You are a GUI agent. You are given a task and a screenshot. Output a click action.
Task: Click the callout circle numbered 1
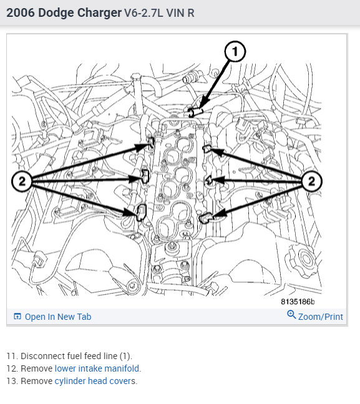pos(235,51)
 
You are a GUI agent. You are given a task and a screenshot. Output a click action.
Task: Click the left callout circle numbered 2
pos(22,181)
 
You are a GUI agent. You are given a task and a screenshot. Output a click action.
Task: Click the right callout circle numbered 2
pos(311,181)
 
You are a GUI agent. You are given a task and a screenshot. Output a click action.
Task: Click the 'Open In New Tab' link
pos(58,317)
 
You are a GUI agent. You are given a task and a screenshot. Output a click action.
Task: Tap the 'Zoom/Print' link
pos(321,317)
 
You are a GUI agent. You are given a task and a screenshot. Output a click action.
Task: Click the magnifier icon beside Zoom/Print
pos(291,315)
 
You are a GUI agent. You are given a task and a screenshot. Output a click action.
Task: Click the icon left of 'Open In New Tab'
pos(17,316)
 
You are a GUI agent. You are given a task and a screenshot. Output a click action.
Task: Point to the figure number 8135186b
pos(298,302)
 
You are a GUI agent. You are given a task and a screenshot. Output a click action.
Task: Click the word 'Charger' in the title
pos(99,13)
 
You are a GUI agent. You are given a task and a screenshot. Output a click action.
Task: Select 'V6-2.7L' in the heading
pos(144,13)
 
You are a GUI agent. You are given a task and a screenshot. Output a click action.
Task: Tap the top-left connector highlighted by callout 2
pos(152,142)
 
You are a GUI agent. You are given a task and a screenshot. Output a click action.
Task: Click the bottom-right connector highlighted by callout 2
pos(207,218)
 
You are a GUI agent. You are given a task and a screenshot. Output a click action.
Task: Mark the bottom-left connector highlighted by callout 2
pos(141,213)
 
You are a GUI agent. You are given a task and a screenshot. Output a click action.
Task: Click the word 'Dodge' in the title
pos(56,13)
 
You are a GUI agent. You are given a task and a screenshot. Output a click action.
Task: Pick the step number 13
pos(12,381)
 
